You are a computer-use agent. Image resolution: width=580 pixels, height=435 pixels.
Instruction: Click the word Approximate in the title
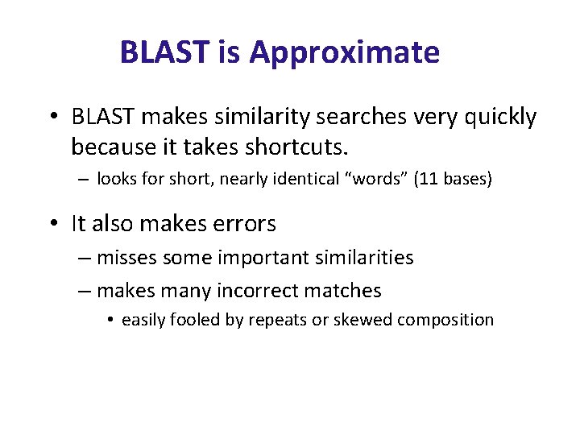tap(344, 53)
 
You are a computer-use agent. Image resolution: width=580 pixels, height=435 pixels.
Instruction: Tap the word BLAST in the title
tap(163, 53)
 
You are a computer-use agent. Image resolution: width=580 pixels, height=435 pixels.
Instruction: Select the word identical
tap(306, 179)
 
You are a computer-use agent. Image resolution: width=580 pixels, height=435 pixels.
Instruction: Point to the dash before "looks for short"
tap(84, 180)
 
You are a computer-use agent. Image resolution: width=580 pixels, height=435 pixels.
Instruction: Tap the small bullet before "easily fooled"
tap(110, 320)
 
